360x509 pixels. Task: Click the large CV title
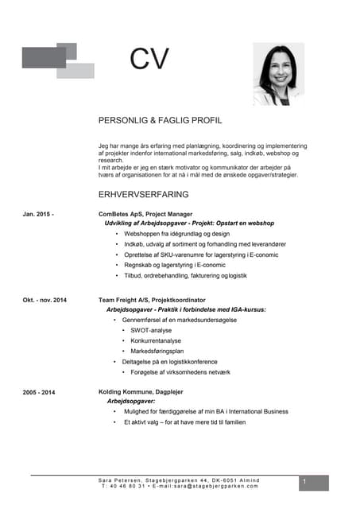click(x=150, y=60)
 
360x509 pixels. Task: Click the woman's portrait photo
click(x=278, y=74)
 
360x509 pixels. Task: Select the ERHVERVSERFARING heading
click(x=143, y=194)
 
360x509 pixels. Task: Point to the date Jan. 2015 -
click(x=38, y=214)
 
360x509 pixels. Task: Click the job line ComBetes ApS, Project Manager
click(x=145, y=214)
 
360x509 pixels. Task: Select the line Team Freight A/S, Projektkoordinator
click(x=152, y=299)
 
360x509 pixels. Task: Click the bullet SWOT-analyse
click(x=151, y=330)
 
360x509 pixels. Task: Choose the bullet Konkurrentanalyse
click(x=157, y=340)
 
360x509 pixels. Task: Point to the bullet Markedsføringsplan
click(x=157, y=351)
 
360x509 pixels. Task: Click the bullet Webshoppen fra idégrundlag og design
click(x=176, y=235)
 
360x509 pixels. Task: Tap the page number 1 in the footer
click(x=304, y=483)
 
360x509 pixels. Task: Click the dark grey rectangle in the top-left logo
click(x=43, y=58)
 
